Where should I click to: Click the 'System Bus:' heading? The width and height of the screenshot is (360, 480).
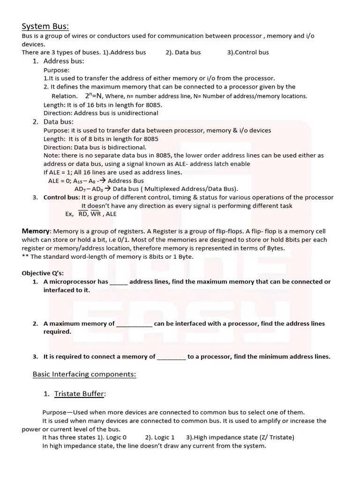[45, 26]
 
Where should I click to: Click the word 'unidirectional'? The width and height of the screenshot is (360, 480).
[136, 113]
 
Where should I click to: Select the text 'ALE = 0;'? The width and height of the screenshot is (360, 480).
[60, 181]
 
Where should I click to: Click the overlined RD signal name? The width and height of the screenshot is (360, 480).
[83, 214]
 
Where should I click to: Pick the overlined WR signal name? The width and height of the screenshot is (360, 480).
[96, 214]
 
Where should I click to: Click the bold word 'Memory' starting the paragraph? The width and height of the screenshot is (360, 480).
[36, 231]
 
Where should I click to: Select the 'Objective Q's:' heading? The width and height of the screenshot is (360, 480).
[43, 273]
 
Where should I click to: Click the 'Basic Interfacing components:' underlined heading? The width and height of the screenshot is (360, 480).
[84, 375]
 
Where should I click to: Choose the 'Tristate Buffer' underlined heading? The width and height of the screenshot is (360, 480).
[79, 394]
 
